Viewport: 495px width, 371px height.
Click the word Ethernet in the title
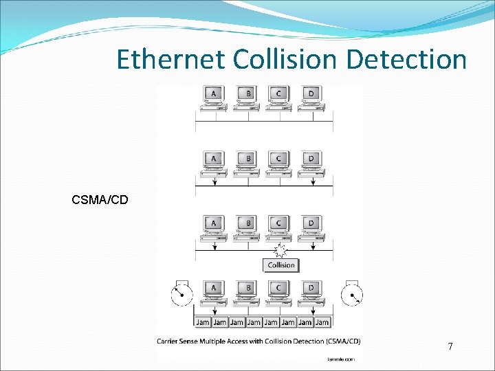[x=171, y=59]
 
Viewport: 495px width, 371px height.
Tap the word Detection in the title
[x=406, y=59]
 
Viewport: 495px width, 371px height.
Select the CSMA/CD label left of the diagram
[x=100, y=200]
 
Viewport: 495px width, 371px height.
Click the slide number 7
[x=450, y=347]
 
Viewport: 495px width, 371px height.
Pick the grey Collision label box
[x=280, y=265]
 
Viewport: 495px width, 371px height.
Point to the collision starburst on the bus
[x=280, y=249]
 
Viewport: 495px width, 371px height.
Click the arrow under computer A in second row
[x=215, y=181]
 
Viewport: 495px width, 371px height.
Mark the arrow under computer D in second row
[x=313, y=181]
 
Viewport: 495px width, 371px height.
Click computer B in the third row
[x=247, y=227]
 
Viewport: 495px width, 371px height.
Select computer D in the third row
[x=311, y=227]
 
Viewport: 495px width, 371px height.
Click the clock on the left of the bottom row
[x=181, y=294]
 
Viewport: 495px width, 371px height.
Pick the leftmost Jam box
[x=202, y=322]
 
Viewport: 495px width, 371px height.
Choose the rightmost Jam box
[x=322, y=322]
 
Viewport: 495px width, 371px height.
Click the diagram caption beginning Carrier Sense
[x=258, y=341]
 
